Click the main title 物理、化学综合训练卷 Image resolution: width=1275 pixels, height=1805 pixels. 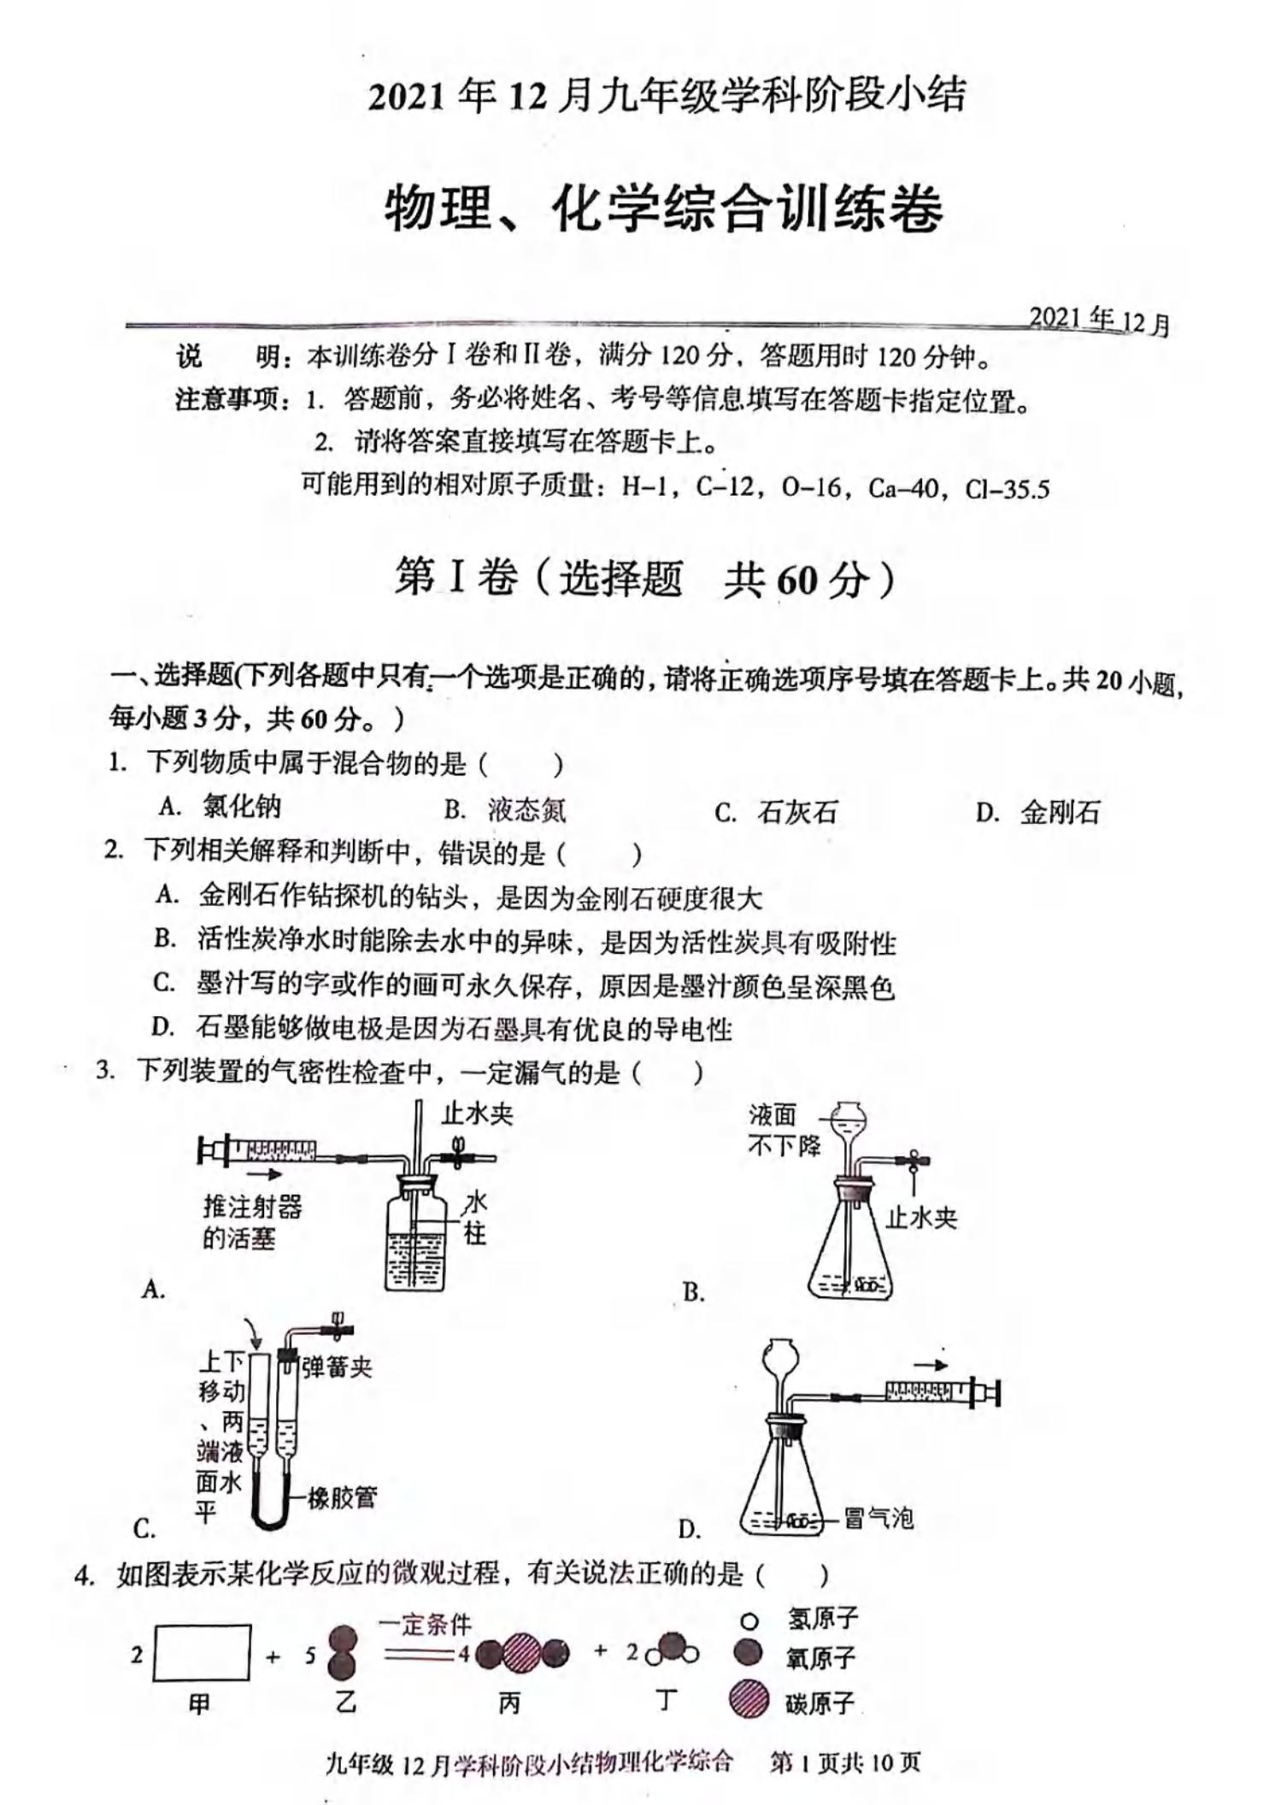[664, 210]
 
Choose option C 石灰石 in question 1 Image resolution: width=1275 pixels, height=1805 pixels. [796, 811]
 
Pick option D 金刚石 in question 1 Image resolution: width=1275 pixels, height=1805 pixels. [1059, 811]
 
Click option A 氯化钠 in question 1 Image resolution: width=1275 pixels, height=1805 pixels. [241, 806]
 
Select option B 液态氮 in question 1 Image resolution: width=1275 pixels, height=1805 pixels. [526, 809]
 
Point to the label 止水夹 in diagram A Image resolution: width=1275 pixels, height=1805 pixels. [477, 1114]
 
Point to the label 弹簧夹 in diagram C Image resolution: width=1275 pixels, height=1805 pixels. [337, 1367]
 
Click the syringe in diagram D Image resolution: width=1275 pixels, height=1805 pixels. [938, 1394]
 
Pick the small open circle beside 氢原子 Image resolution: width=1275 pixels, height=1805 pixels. [749, 1620]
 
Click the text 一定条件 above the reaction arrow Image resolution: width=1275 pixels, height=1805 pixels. [425, 1624]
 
